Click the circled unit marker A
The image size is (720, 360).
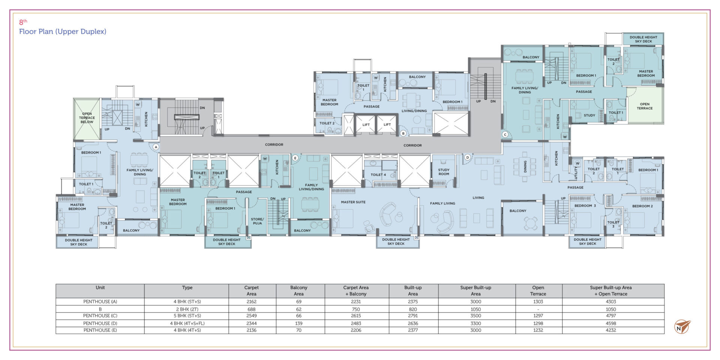click(156, 147)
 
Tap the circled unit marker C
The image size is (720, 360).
click(505, 135)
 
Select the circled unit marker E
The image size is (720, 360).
click(295, 158)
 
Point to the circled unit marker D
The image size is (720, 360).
click(467, 157)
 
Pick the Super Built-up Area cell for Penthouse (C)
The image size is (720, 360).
click(475, 316)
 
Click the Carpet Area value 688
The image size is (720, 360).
click(251, 309)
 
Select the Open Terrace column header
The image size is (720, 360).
click(538, 291)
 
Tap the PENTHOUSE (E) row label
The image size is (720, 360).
click(100, 330)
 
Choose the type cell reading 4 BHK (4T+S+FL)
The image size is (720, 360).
click(187, 323)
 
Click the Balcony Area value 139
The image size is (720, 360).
click(298, 323)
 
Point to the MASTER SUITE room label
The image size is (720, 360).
click(353, 202)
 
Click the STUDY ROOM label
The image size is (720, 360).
click(444, 172)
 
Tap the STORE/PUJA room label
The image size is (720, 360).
click(257, 221)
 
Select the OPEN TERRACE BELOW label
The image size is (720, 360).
click(87, 118)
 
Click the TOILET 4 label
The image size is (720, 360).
click(378, 175)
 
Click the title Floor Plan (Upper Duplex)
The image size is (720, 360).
click(63, 31)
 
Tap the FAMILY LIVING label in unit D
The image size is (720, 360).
click(442, 203)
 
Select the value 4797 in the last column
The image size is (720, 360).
click(610, 316)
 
